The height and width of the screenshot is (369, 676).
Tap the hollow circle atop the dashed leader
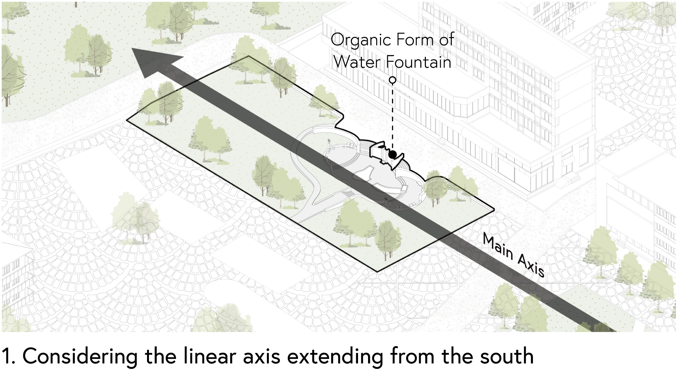click(392, 80)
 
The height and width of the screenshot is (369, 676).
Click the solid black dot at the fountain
click(392, 155)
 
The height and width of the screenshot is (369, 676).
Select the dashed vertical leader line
click(392, 116)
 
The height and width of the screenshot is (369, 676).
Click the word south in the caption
click(506, 356)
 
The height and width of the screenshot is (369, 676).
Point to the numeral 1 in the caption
click(7, 356)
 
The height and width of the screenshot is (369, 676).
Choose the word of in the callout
click(446, 40)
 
